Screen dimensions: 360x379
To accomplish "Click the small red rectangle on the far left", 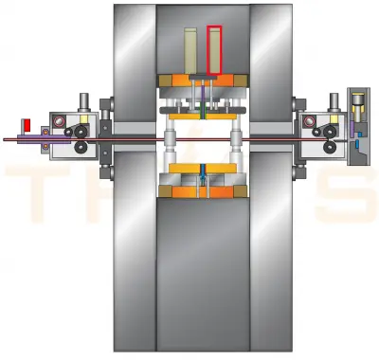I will tap(27, 125).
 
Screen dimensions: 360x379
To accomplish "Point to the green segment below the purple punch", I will tap(201, 111).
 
